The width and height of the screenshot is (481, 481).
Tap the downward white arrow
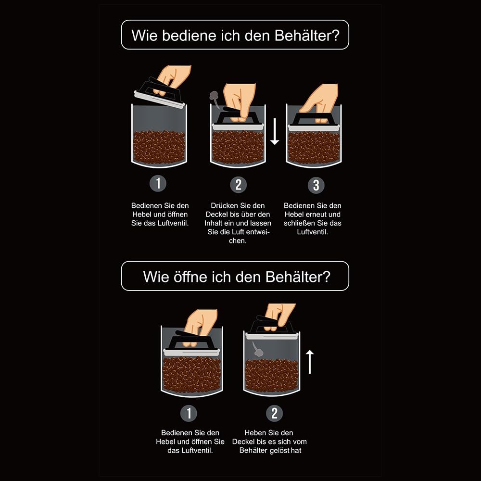[x=275, y=131]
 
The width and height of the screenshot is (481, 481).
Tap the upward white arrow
[x=310, y=362]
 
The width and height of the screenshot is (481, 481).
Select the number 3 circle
[x=316, y=185]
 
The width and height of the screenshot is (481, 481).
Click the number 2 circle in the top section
[x=239, y=185]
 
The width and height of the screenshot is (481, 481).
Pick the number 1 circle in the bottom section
[x=189, y=413]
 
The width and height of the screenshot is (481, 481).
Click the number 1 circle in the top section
[x=158, y=183]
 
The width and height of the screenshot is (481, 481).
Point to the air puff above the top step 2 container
[x=214, y=98]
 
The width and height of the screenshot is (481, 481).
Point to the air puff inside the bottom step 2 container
[x=257, y=349]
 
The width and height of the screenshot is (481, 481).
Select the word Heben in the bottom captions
[x=255, y=433]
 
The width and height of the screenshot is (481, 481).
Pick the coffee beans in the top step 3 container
[x=314, y=148]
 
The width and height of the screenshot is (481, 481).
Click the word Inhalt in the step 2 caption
[x=214, y=223]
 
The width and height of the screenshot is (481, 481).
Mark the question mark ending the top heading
[x=336, y=35]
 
